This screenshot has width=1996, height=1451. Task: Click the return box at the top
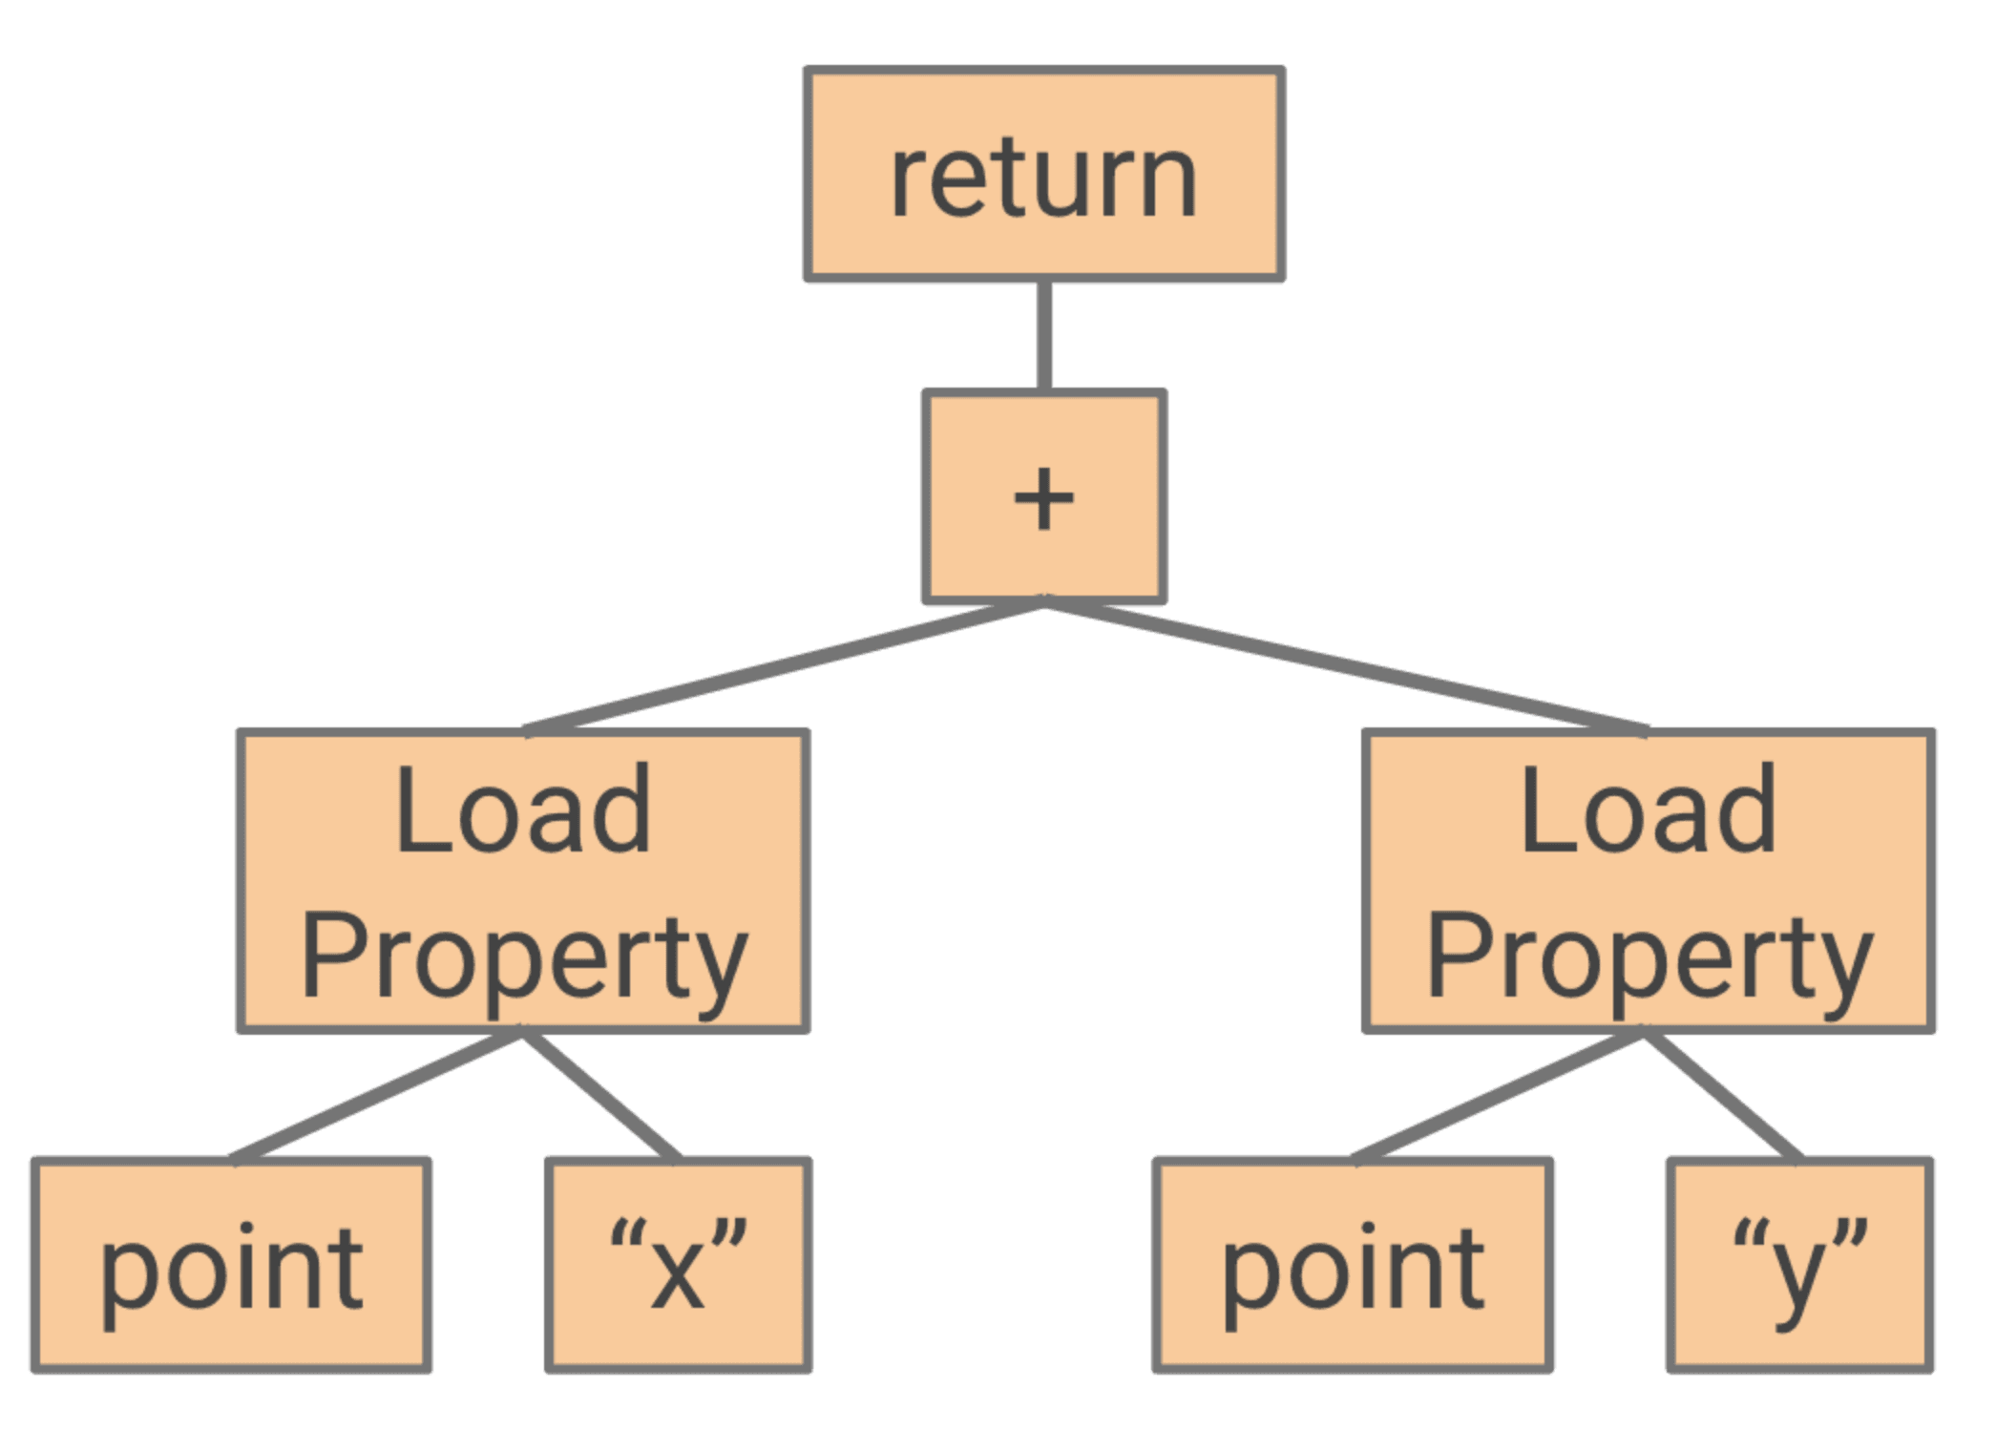click(1044, 174)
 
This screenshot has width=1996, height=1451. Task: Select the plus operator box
click(1044, 496)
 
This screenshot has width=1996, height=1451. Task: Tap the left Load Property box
click(523, 881)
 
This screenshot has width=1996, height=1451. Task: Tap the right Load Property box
click(1649, 881)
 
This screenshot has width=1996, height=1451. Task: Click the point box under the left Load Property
click(231, 1266)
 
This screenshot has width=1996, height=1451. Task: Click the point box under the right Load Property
click(1354, 1266)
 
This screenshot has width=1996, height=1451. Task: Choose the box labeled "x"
click(679, 1266)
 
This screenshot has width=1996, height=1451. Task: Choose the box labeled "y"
click(1800, 1266)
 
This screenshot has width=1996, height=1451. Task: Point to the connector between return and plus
click(1044, 335)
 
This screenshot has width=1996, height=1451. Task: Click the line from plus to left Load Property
click(784, 665)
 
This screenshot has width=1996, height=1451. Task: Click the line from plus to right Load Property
click(1346, 665)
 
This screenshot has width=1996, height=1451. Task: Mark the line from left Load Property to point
click(376, 1096)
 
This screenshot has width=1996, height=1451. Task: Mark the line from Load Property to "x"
click(601, 1096)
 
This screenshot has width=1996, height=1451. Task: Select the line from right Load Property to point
click(1499, 1096)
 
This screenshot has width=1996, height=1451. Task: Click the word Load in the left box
click(523, 809)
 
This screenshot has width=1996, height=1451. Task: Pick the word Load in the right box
click(1649, 809)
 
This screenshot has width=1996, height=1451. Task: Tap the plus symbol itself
click(1043, 497)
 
